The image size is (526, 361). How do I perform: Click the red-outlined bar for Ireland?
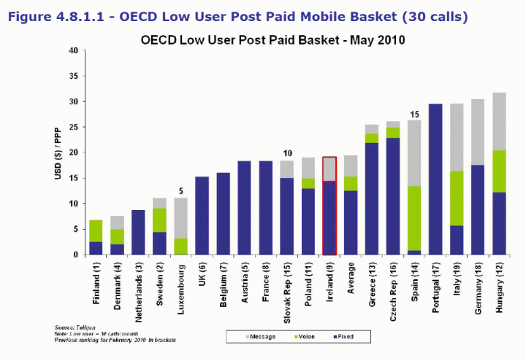[330, 206]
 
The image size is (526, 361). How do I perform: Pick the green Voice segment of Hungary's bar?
[500, 171]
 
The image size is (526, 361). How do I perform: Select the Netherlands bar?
[139, 233]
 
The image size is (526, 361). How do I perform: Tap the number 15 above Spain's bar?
[414, 114]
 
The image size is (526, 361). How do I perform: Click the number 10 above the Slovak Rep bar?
[287, 153]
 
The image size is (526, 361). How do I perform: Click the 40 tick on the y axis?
[73, 51]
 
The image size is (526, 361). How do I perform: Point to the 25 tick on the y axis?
[73, 128]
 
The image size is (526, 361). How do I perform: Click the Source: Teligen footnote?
[76, 327]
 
